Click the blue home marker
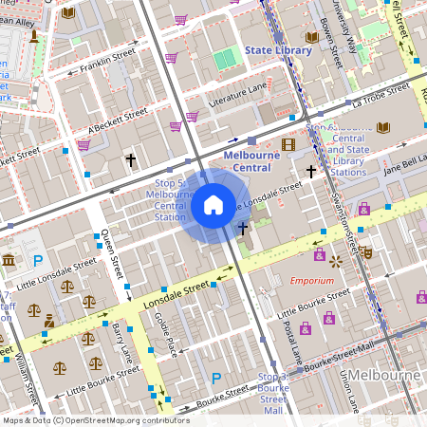coord(213,205)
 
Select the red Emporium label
coord(312,281)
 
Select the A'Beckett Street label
coord(118,120)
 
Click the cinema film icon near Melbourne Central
coord(288,144)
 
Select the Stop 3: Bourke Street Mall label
coord(274,393)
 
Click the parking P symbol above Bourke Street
coord(216,379)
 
